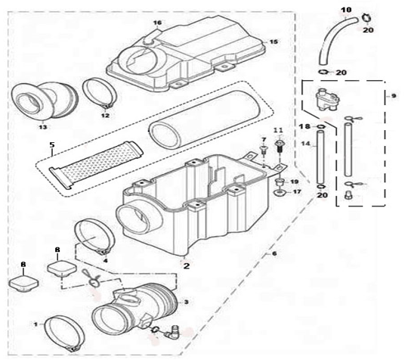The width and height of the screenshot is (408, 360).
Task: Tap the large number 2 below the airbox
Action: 186,265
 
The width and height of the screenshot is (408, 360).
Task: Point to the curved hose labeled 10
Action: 326,32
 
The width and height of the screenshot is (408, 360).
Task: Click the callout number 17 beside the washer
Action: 295,192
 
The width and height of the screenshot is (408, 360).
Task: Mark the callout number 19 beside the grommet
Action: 295,182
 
